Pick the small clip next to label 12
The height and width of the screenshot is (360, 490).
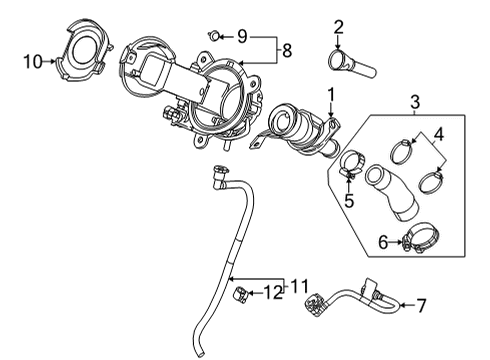(241, 293)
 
